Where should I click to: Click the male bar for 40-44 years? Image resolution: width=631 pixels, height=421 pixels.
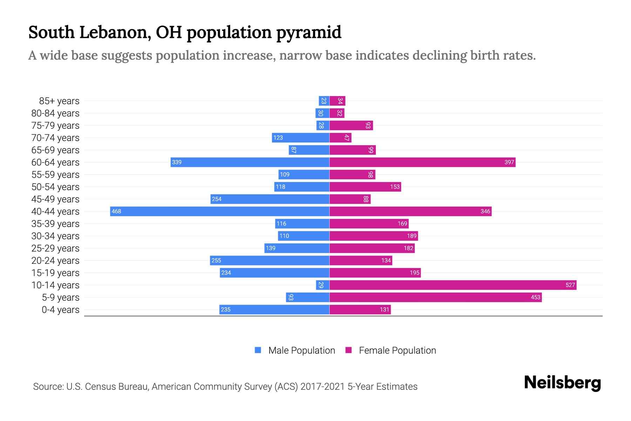click(220, 211)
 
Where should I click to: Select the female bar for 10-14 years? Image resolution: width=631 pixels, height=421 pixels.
click(453, 285)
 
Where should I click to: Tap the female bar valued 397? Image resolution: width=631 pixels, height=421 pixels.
click(422, 162)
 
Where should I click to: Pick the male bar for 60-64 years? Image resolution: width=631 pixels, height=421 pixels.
click(250, 162)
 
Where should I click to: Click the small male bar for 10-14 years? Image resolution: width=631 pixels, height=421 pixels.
click(323, 285)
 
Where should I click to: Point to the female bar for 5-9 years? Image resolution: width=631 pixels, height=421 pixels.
click(435, 297)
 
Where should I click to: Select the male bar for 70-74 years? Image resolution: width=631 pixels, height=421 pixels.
click(300, 138)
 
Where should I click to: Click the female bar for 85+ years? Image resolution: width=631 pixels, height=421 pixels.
click(337, 101)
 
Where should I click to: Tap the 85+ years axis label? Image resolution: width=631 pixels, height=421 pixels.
click(59, 101)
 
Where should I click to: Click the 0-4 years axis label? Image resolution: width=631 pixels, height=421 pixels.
click(60, 310)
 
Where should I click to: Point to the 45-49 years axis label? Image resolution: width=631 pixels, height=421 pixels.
click(55, 199)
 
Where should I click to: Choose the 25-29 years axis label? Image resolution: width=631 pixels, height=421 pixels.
click(55, 248)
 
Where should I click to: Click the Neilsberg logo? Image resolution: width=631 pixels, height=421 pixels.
click(562, 382)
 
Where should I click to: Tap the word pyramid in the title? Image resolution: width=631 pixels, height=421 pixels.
click(308, 33)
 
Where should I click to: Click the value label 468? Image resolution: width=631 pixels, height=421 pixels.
click(116, 211)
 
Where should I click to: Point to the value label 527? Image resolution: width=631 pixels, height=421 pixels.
click(570, 285)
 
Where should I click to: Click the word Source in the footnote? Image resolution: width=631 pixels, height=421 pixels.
click(48, 387)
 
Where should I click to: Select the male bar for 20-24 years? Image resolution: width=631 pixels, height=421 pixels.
click(270, 260)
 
